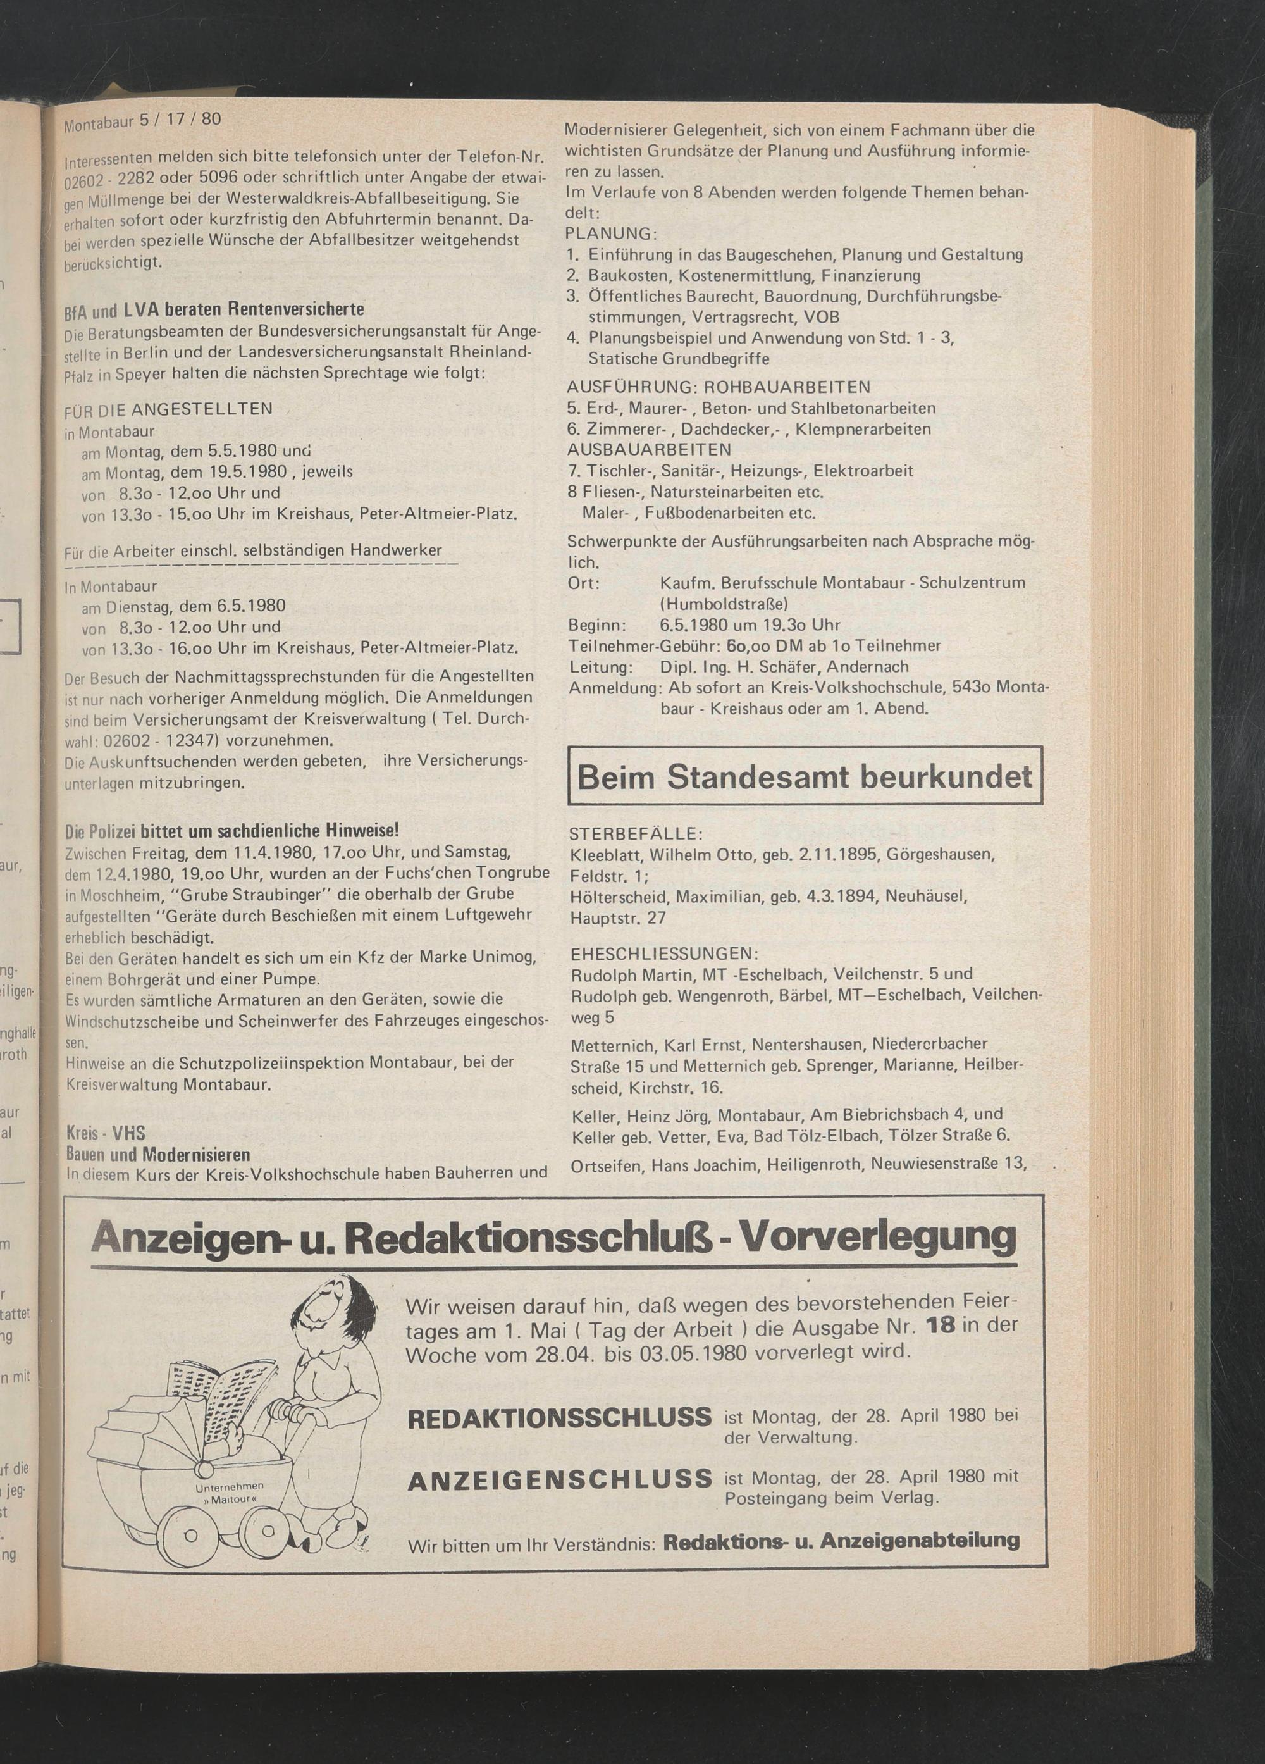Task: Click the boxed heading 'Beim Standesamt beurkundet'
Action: point(805,776)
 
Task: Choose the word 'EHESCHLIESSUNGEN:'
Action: point(663,953)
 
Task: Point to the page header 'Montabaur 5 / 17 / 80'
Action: point(143,121)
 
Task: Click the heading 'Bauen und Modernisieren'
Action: point(158,1154)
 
